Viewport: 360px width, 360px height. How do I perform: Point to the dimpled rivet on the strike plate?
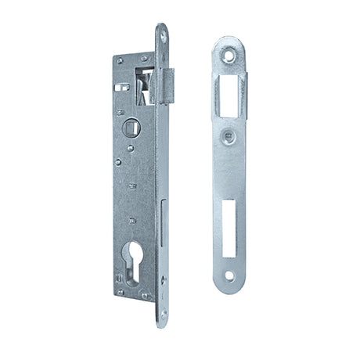(x=228, y=136)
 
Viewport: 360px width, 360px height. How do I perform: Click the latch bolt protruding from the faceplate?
(x=172, y=77)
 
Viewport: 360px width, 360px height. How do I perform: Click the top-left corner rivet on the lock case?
(x=119, y=60)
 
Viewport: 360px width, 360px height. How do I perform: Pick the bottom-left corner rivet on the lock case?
(x=121, y=293)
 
